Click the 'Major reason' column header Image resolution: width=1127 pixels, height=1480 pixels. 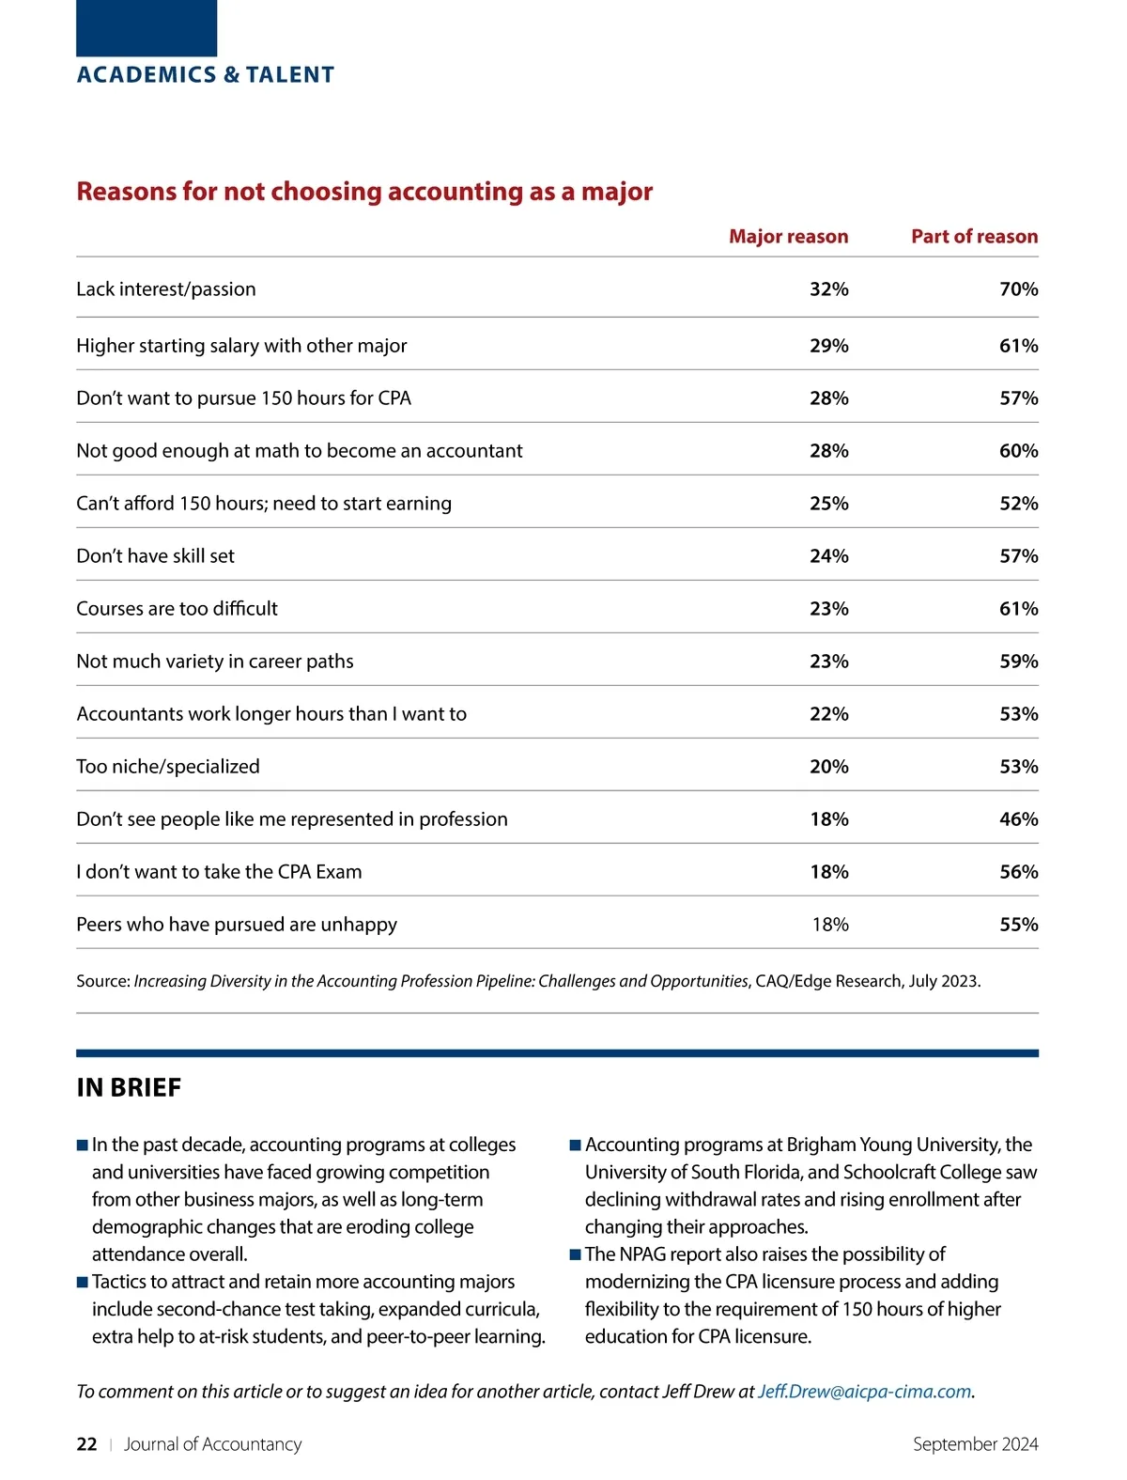(788, 237)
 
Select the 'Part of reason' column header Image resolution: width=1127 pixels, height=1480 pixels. (974, 237)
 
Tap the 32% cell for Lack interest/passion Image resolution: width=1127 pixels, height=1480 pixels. (828, 289)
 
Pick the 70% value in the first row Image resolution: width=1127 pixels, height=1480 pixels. (1018, 289)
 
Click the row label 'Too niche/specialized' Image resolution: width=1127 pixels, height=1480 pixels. (168, 767)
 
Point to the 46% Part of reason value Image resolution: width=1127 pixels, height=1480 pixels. (1018, 819)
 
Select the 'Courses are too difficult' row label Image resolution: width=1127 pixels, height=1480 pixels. (177, 609)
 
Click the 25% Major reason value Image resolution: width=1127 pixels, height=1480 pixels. (828, 504)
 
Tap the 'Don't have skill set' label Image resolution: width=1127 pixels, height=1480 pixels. (155, 556)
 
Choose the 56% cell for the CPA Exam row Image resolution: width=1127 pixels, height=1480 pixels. (1018, 872)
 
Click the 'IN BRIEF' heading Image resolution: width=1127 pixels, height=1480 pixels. (129, 1088)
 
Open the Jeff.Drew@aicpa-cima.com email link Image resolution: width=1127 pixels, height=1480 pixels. (864, 1392)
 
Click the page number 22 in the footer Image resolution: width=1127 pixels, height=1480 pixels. (86, 1444)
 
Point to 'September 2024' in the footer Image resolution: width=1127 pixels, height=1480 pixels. (975, 1444)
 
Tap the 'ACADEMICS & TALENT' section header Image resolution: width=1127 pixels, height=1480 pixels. (205, 75)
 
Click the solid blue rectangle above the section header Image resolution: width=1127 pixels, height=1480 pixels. (147, 28)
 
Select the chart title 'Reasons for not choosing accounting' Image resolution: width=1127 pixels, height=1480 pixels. (364, 192)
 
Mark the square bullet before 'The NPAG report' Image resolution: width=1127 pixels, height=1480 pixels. (576, 1255)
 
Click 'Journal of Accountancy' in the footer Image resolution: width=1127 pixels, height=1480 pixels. (212, 1444)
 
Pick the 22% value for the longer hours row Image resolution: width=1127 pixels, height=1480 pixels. (828, 714)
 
